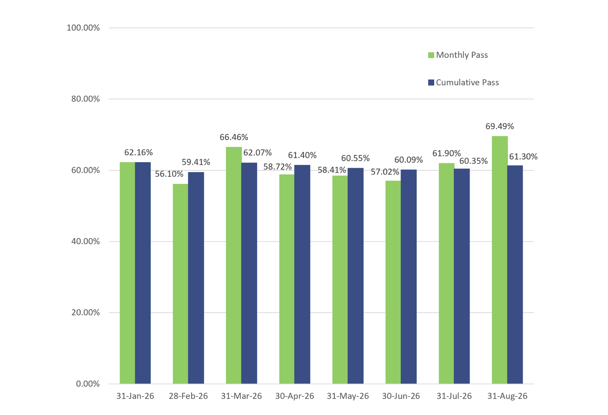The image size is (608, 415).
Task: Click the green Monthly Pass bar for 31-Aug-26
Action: click(x=499, y=260)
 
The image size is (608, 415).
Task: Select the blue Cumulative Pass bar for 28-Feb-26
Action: click(x=196, y=278)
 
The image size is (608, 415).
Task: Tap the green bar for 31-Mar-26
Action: click(x=233, y=265)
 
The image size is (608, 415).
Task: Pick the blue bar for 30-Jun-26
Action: click(x=409, y=277)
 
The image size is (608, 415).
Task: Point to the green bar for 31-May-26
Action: click(x=340, y=280)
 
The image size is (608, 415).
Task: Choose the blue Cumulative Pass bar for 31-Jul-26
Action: click(x=462, y=276)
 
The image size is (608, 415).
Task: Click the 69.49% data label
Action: click(x=499, y=126)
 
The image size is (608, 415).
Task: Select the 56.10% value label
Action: click(x=169, y=174)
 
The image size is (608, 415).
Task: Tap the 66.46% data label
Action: click(x=234, y=137)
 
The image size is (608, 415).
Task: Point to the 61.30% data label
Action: click(x=523, y=157)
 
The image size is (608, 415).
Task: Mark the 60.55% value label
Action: click(x=355, y=158)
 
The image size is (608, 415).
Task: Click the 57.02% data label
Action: click(x=385, y=172)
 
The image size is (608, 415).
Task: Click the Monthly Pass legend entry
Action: click(x=458, y=55)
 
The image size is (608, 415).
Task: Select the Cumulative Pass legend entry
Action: click(x=463, y=82)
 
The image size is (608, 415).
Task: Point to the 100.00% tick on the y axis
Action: click(x=83, y=28)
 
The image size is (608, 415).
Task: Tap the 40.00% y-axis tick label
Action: click(x=85, y=242)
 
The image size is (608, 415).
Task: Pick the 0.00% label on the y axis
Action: click(x=88, y=384)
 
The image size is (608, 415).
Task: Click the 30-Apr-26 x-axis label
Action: click(x=295, y=396)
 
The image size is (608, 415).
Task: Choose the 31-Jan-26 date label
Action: click(x=135, y=396)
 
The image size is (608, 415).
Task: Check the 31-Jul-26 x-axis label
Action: click(x=454, y=396)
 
